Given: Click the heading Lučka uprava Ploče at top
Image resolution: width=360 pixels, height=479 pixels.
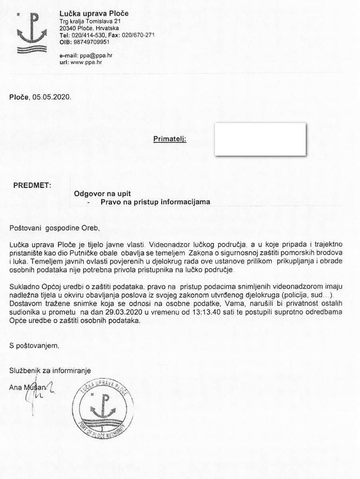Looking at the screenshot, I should [94, 14].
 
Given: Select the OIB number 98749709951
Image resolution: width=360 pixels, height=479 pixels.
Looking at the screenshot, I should [92, 42].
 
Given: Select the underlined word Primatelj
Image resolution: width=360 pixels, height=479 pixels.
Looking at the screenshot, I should [170, 139].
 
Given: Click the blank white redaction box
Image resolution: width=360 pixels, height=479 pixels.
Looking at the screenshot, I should [260, 139].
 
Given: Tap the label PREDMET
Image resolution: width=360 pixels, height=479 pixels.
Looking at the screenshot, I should [33, 186].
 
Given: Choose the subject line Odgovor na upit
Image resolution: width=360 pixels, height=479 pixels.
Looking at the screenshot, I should [102, 194].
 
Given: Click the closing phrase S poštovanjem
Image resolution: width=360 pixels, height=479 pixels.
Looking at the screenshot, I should [34, 346].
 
